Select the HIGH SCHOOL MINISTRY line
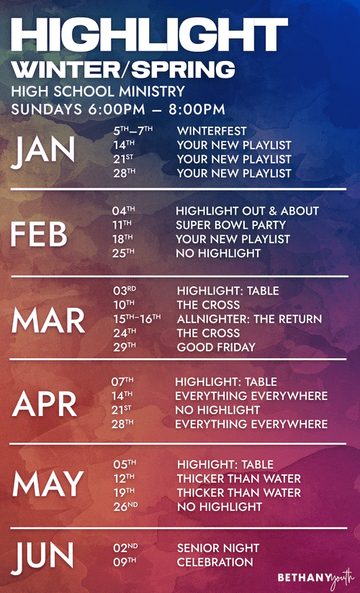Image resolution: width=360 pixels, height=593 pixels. click(x=99, y=92)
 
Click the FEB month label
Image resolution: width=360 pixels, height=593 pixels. click(x=40, y=235)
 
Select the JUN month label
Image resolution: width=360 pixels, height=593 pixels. click(x=42, y=555)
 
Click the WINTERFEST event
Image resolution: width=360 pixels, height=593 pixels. click(x=212, y=132)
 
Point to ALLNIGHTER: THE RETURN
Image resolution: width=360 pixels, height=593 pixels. click(x=249, y=319)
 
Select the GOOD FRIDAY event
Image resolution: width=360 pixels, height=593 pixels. click(x=216, y=347)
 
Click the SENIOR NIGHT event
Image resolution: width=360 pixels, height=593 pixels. click(x=218, y=548)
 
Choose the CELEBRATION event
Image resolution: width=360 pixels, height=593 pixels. click(x=215, y=561)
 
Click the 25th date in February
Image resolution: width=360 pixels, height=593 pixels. click(x=123, y=253)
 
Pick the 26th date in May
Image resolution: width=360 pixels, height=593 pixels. click(x=125, y=507)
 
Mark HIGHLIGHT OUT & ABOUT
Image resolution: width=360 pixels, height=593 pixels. click(x=247, y=211)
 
